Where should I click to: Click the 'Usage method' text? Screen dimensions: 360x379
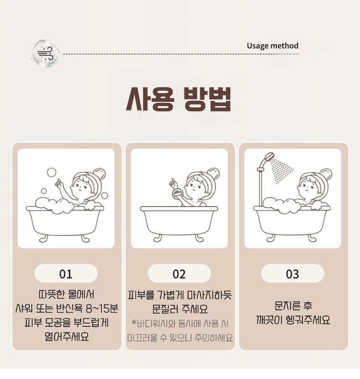273,46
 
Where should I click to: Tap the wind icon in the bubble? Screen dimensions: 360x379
45,54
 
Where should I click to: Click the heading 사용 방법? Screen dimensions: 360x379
179,99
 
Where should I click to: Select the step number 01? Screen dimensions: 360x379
66,274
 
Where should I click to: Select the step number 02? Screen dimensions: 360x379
179,274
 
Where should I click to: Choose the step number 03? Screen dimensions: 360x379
292,274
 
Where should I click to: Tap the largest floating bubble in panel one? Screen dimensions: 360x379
51,172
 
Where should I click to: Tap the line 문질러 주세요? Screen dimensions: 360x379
180,309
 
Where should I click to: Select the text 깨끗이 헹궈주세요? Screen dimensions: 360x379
293,320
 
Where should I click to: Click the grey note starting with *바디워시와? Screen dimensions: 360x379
180,330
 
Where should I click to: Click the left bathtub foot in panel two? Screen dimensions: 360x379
158,238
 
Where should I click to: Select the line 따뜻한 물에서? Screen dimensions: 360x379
66,294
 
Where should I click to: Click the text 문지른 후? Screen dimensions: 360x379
293,306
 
